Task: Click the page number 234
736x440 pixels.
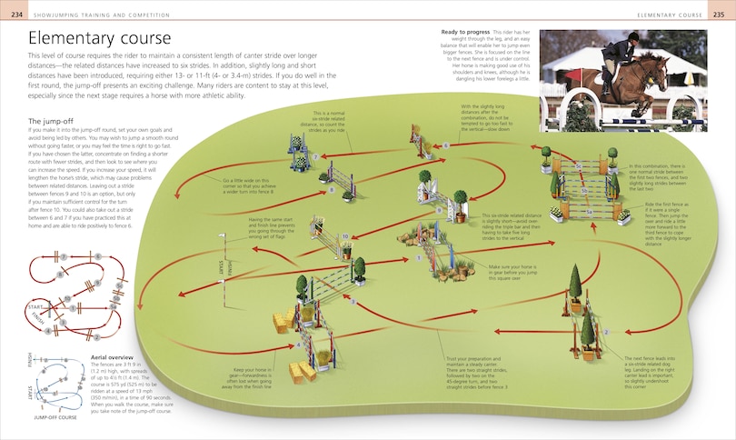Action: [x=13, y=15]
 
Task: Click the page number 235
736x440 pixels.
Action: [x=722, y=15]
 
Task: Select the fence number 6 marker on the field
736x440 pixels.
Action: [x=445, y=145]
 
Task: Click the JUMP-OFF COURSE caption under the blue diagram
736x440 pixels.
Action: [x=55, y=417]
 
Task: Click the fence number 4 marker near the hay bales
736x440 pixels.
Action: [x=298, y=345]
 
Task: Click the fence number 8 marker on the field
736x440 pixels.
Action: [x=332, y=189]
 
